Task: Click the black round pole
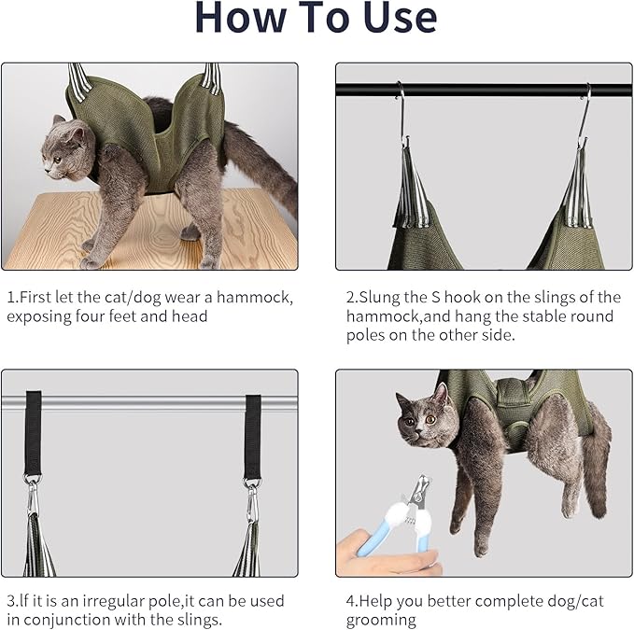tap(486, 91)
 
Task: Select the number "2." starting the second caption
tap(352, 298)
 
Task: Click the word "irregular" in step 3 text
tap(119, 601)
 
